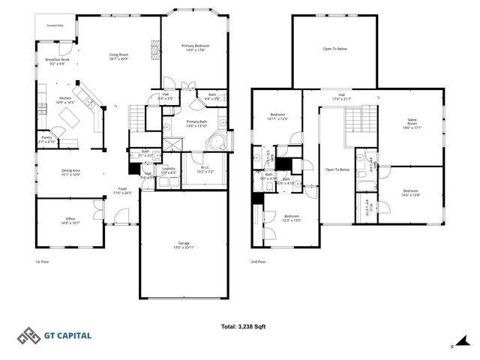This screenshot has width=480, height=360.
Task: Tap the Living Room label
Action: [x=118, y=56]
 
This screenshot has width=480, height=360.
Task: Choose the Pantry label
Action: [x=46, y=139]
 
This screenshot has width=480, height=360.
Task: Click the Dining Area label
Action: [x=71, y=172]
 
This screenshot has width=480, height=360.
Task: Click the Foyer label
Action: [x=121, y=190]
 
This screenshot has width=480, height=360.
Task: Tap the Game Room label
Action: [x=412, y=122]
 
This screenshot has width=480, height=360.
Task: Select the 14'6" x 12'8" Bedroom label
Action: [x=411, y=193]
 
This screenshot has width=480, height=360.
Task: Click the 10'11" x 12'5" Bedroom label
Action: [x=278, y=117]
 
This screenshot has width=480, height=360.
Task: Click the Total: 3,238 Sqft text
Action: [x=244, y=326]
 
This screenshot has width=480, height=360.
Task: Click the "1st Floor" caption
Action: [x=42, y=262]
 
